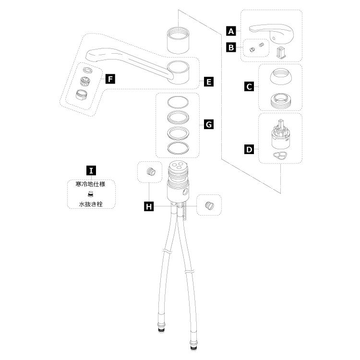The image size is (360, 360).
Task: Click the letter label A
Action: coord(231,31)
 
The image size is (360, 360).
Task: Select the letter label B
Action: coord(231,48)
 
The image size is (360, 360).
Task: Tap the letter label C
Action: coord(249,86)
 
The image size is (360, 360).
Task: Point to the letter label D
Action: coord(249,149)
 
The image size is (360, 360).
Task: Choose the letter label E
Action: coord(208,82)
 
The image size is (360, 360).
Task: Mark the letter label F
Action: coord(110,78)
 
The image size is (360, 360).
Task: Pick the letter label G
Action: coord(208,124)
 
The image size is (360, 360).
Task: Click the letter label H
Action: coord(149,206)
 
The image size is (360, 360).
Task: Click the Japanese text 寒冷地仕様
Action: coord(91,184)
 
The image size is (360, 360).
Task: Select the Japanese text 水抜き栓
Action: coord(91,204)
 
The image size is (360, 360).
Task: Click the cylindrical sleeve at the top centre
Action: coord(178,40)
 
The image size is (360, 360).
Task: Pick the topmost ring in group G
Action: coord(178,103)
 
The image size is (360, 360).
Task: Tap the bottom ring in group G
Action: coord(178,148)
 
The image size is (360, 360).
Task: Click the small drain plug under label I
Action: coord(90,194)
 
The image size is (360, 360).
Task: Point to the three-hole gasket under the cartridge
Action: coord(280,156)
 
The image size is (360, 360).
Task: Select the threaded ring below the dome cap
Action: coord(280,99)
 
